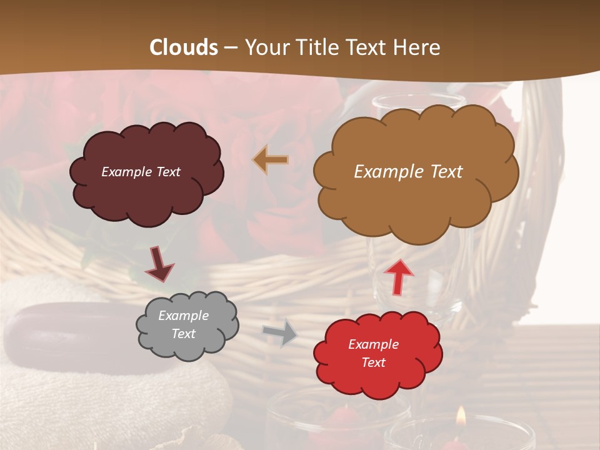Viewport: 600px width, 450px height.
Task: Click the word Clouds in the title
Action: [184, 47]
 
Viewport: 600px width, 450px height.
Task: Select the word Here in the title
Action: [419, 47]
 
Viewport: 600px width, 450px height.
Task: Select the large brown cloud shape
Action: [416, 200]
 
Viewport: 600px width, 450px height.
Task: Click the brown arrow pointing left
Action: [271, 160]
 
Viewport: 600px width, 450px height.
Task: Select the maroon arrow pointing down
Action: [159, 264]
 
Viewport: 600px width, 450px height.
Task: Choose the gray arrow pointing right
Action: [280, 332]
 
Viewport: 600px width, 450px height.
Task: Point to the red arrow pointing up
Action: [399, 277]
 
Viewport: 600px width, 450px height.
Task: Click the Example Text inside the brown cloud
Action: [408, 172]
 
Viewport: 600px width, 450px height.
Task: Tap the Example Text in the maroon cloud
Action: [141, 172]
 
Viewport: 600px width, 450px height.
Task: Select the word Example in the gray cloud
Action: [183, 316]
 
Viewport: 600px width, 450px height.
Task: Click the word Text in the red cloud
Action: [374, 362]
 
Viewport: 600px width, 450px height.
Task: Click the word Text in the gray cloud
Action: [183, 334]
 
